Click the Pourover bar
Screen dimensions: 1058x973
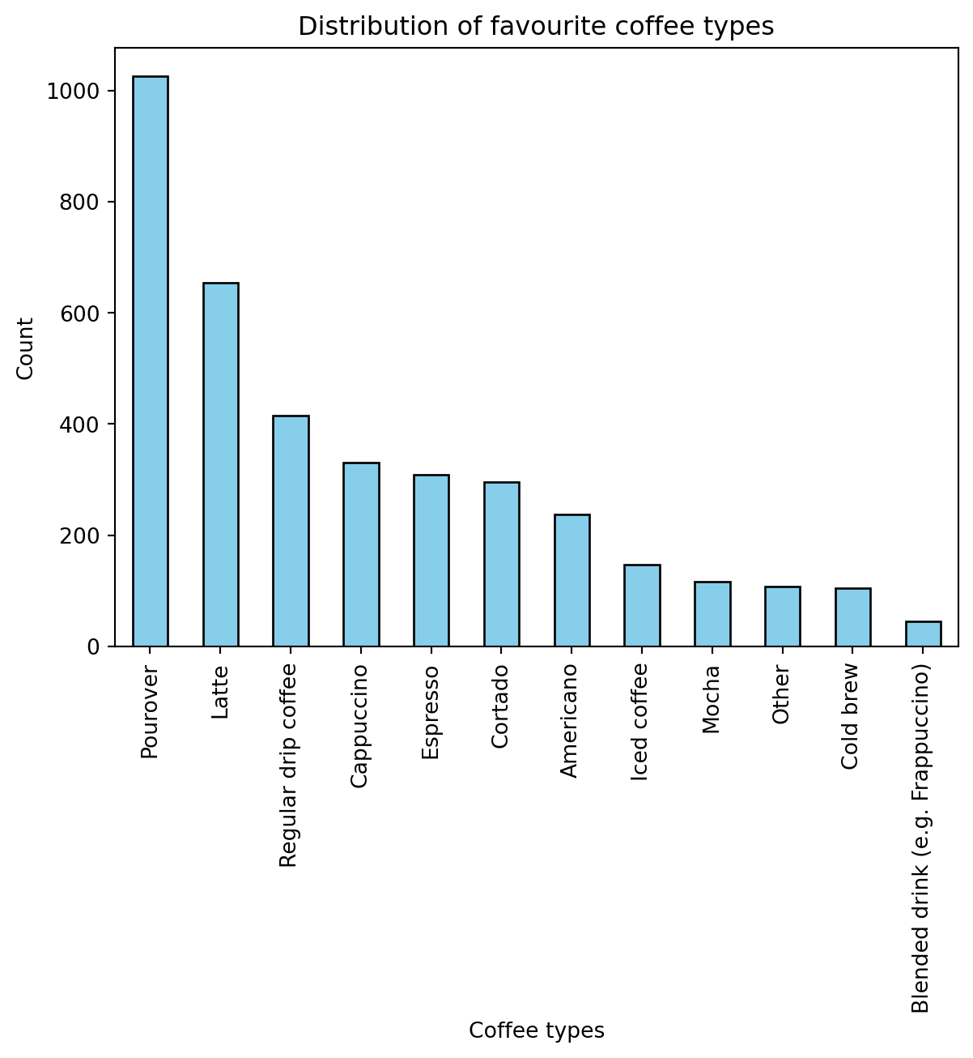(151, 361)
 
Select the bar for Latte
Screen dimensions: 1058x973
(221, 464)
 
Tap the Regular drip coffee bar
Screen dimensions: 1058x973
(291, 531)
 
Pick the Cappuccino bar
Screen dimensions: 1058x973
(361, 554)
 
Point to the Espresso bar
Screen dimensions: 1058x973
(431, 561)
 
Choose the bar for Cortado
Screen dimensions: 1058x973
(502, 564)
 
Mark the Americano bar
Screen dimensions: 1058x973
(571, 580)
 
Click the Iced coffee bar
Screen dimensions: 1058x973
(642, 605)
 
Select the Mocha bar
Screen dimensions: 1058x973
(712, 614)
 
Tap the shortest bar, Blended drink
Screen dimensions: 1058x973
(923, 634)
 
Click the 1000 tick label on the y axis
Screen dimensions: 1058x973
(73, 92)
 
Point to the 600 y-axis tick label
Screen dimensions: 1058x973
(79, 314)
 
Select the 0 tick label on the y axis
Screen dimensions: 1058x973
(93, 647)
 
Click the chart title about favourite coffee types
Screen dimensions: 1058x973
(536, 27)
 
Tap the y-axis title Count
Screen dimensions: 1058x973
(26, 348)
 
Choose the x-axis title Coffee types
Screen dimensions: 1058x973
(536, 1030)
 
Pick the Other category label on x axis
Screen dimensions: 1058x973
(781, 695)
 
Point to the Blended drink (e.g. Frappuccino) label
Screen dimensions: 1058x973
(921, 838)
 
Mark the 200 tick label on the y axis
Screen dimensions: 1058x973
(79, 536)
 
